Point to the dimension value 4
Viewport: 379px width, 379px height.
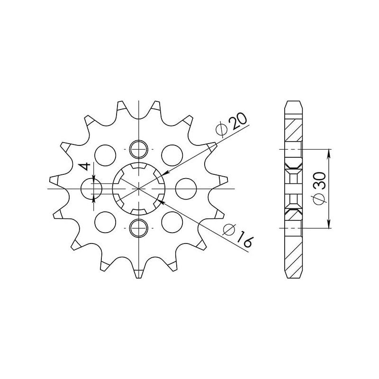coord(85,166)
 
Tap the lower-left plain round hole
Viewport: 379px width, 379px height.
coord(105,222)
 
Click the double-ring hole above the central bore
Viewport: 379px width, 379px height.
coord(138,150)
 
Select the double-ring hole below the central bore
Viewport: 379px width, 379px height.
coord(138,228)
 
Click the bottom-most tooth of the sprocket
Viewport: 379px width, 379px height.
coord(138,273)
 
